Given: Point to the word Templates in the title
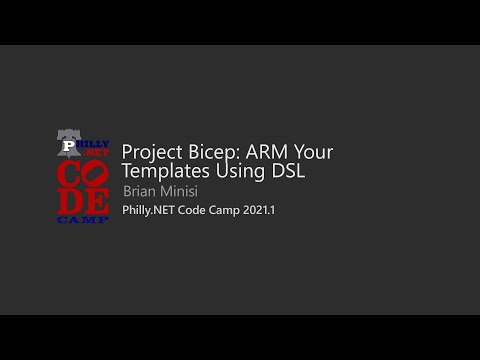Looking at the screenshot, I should tap(164, 171).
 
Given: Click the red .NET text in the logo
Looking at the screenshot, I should tap(96, 153).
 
